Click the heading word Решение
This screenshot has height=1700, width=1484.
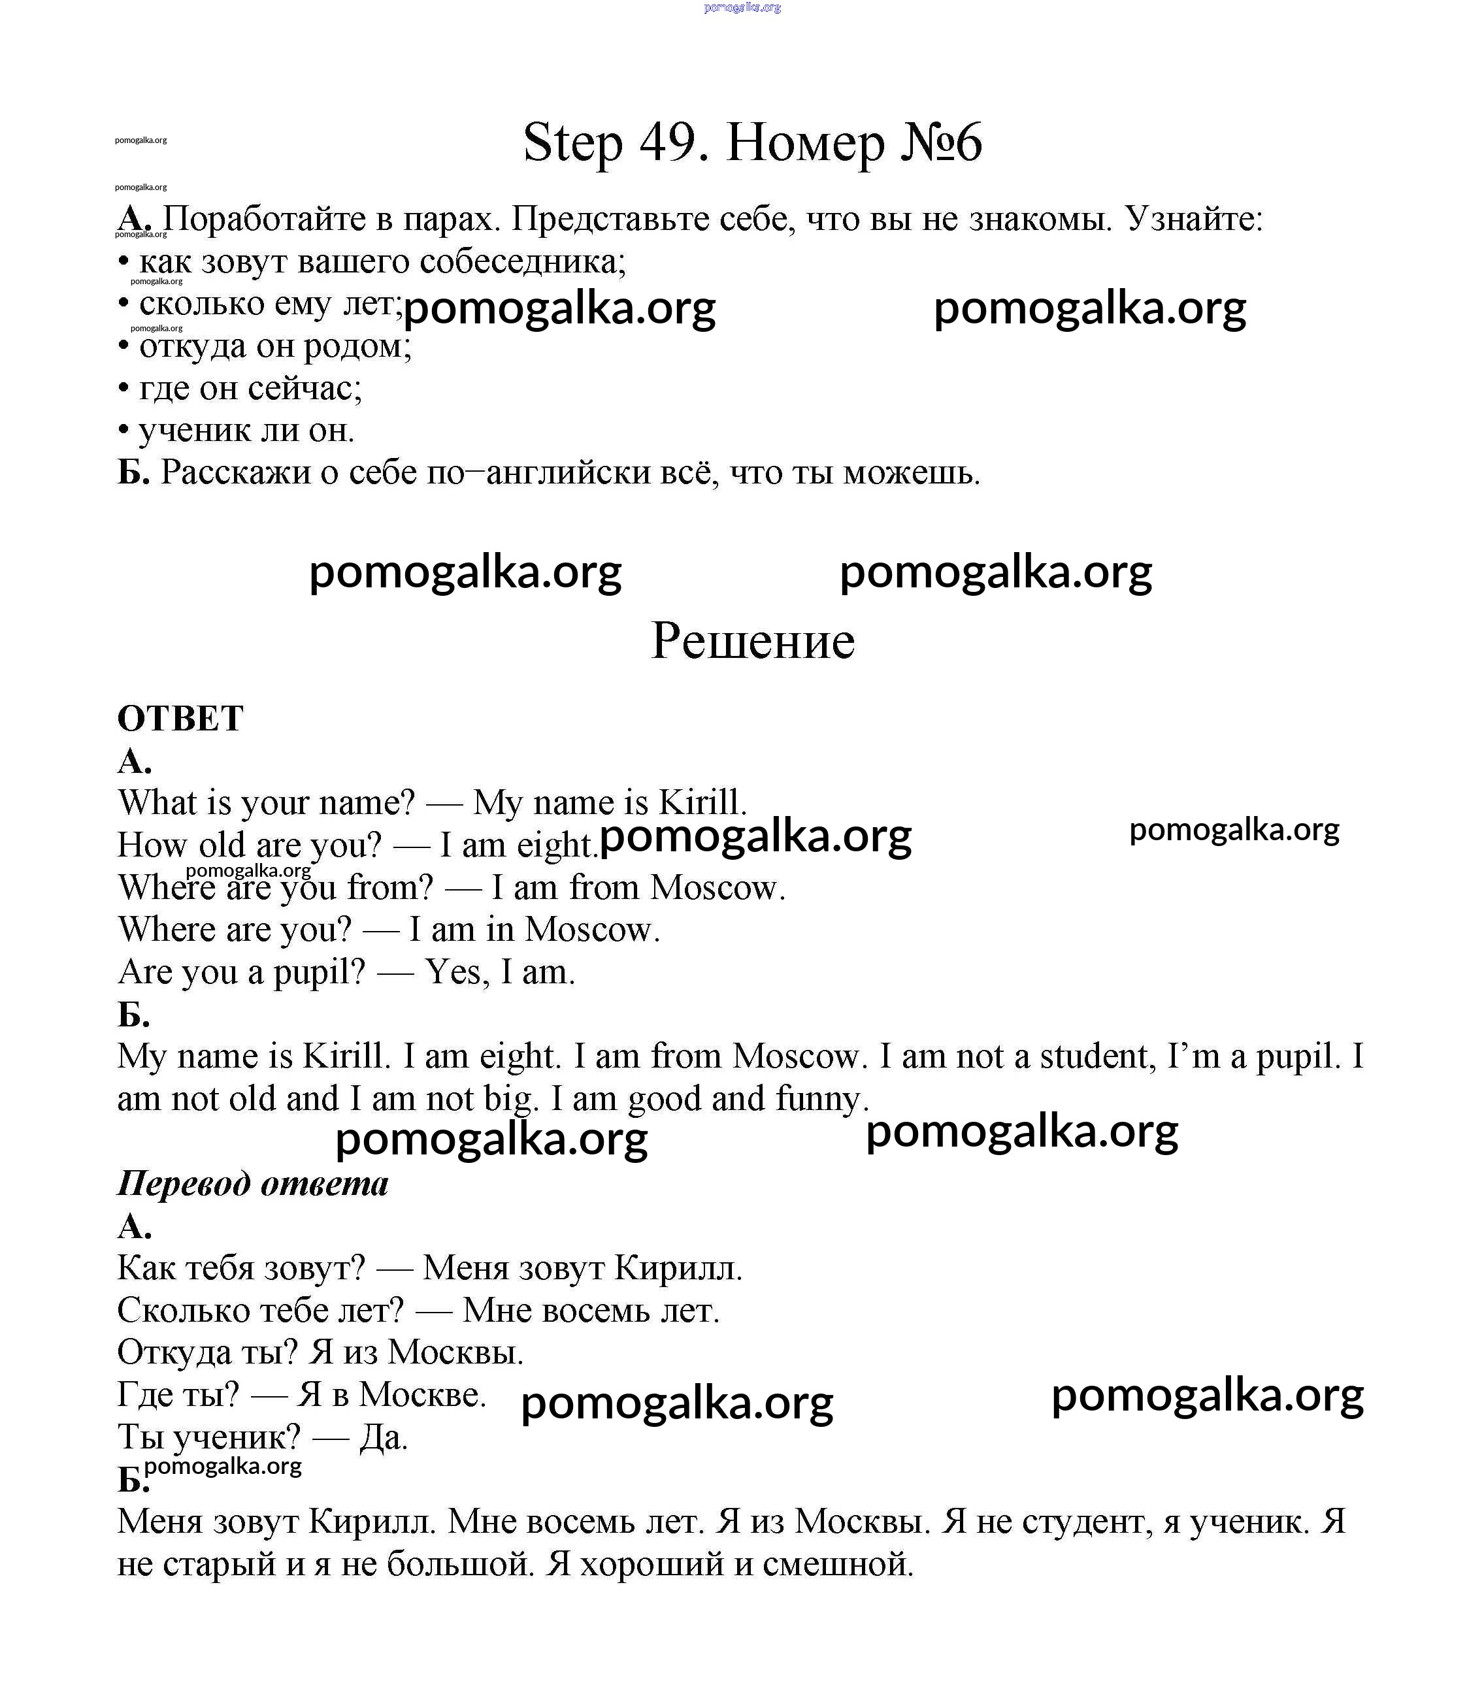tap(752, 641)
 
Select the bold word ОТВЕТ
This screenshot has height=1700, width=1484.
tap(180, 718)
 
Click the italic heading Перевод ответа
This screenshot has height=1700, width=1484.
tap(253, 1183)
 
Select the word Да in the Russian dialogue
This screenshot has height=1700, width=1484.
tap(384, 1437)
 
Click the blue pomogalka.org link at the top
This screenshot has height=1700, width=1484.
tap(742, 7)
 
